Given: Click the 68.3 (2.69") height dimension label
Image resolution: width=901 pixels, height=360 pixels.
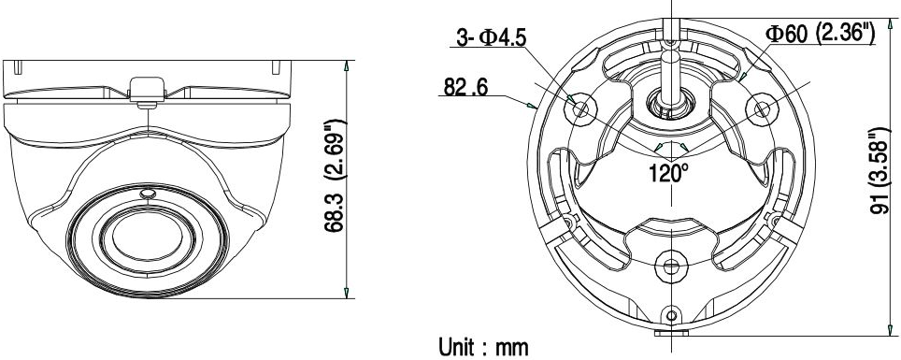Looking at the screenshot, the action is coord(334,176).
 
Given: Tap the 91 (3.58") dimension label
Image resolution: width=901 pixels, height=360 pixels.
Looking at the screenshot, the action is coord(880,172).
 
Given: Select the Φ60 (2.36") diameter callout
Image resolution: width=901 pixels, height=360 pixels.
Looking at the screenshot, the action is coord(820,34).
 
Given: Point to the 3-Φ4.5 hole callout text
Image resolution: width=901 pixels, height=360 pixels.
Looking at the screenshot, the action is coord(492,37).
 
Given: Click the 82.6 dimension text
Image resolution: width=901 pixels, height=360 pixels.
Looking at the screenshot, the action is coord(465,87).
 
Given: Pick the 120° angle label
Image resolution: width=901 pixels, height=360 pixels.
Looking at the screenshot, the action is coord(669,172).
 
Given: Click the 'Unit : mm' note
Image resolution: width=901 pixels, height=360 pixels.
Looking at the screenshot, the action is coord(483,347).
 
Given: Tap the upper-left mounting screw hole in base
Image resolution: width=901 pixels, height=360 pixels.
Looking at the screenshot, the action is coord(581,108).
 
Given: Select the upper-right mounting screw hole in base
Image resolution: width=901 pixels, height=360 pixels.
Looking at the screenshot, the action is coord(761,108).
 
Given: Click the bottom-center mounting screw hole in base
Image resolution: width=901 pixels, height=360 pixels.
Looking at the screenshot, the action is coord(670,266).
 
